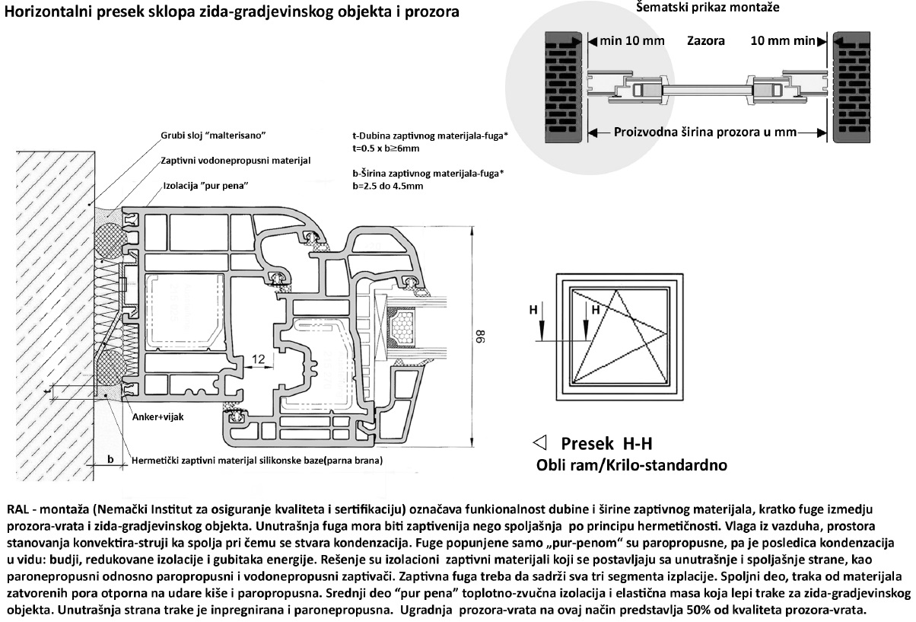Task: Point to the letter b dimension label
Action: click(x=111, y=459)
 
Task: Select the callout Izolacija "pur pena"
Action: click(x=206, y=186)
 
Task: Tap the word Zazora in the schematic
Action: click(x=705, y=40)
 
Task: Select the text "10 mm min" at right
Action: click(x=782, y=40)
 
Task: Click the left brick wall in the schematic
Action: click(x=564, y=88)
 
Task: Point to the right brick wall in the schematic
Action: click(x=857, y=88)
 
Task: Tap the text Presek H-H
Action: click(x=606, y=444)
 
